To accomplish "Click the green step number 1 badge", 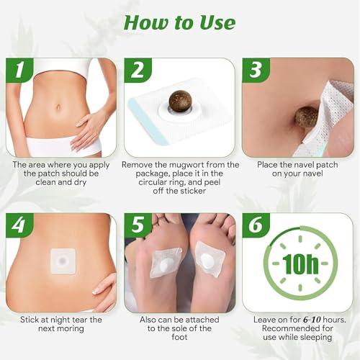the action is point(19,70).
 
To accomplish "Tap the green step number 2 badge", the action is point(138,70).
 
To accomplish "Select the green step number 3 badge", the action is point(256,70).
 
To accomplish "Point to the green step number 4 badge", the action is point(19,225).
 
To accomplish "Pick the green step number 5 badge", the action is point(138,225).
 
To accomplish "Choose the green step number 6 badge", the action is point(256,225).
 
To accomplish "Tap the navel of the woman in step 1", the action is point(58,107).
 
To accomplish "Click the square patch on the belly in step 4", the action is point(63,261).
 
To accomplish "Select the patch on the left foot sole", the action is point(166,263).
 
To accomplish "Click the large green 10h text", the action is point(300,264).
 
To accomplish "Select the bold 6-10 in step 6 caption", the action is point(312,320).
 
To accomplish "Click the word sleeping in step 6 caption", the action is point(316,337).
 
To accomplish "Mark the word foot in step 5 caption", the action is point(179,337).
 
